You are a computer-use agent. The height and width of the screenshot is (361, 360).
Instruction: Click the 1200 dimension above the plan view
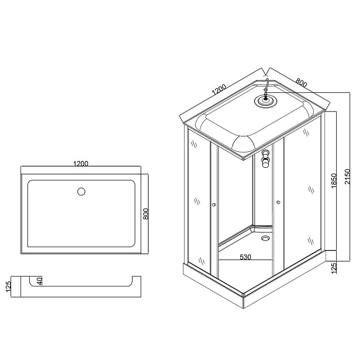(x=81, y=164)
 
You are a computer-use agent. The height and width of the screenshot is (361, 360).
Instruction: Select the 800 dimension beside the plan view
(x=146, y=214)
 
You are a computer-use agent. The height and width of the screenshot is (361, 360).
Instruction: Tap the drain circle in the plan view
(x=81, y=192)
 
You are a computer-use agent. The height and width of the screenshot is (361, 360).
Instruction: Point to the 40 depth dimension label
(x=40, y=281)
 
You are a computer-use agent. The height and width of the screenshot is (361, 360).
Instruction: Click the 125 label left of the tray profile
(x=8, y=287)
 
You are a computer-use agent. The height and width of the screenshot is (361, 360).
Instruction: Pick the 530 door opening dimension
(x=245, y=257)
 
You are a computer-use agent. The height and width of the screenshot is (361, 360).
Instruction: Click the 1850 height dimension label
(x=334, y=180)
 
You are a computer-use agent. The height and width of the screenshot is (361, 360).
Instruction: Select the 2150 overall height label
(x=347, y=177)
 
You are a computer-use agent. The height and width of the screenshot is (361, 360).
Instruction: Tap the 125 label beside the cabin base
(x=334, y=268)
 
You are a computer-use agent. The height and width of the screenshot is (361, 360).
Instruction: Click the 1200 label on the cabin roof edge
(x=219, y=90)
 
